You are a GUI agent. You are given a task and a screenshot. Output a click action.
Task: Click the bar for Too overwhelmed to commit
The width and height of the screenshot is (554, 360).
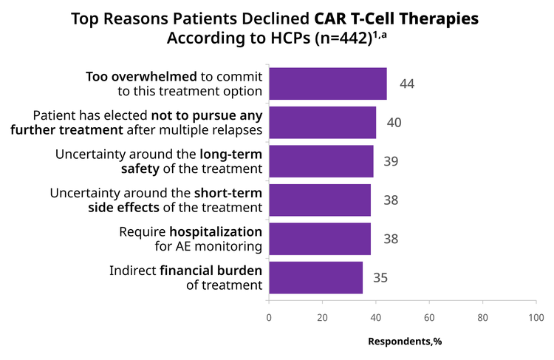pos(328,84)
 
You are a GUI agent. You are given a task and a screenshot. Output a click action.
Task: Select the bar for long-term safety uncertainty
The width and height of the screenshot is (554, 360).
pos(321,161)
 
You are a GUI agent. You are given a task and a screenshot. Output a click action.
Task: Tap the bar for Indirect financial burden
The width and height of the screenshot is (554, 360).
pos(316,278)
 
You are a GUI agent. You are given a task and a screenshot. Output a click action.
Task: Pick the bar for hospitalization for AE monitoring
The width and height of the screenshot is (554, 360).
pos(320,239)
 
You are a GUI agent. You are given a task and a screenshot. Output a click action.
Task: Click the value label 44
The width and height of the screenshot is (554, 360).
pos(407,84)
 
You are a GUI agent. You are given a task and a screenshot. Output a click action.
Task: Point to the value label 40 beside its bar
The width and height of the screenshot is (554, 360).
pos(394,123)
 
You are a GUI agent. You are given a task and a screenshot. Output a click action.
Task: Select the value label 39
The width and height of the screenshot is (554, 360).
pos(391,161)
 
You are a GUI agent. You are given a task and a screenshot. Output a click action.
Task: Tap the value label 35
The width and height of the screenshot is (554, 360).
pos(380,278)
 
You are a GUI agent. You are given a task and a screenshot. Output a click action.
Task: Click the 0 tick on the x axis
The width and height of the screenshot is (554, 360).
pos(269,318)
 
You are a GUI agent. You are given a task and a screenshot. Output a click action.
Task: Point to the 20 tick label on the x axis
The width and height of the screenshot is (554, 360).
pos(322,318)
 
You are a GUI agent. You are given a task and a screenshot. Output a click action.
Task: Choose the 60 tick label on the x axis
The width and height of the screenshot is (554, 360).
pos(429,318)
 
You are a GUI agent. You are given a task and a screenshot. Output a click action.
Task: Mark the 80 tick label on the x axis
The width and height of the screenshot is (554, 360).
pos(482,318)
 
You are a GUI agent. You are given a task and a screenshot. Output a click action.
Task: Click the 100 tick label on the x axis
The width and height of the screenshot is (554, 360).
pos(536,318)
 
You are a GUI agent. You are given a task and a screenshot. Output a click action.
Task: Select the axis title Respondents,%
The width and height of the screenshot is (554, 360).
pos(405,342)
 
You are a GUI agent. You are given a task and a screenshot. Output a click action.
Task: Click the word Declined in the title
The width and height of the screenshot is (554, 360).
pos(276,18)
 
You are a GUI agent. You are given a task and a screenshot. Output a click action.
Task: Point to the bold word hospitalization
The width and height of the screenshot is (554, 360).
pos(216,232)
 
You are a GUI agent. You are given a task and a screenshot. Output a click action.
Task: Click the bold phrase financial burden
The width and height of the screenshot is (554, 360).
pos(211,271)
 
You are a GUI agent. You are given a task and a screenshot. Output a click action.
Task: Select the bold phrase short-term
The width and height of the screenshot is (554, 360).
pos(228,193)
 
